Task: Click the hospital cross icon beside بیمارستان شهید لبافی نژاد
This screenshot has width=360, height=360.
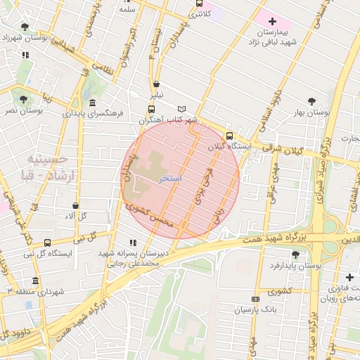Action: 273,22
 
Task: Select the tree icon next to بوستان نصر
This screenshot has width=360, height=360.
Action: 25,100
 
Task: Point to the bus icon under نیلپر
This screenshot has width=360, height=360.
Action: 150,109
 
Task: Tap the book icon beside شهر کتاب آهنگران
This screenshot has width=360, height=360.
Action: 183,109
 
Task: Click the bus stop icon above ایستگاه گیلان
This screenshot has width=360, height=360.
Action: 229,136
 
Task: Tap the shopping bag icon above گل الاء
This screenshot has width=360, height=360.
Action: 75,205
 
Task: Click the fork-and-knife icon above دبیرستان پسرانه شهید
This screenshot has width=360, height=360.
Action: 134,242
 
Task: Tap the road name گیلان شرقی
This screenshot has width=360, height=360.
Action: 283,149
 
